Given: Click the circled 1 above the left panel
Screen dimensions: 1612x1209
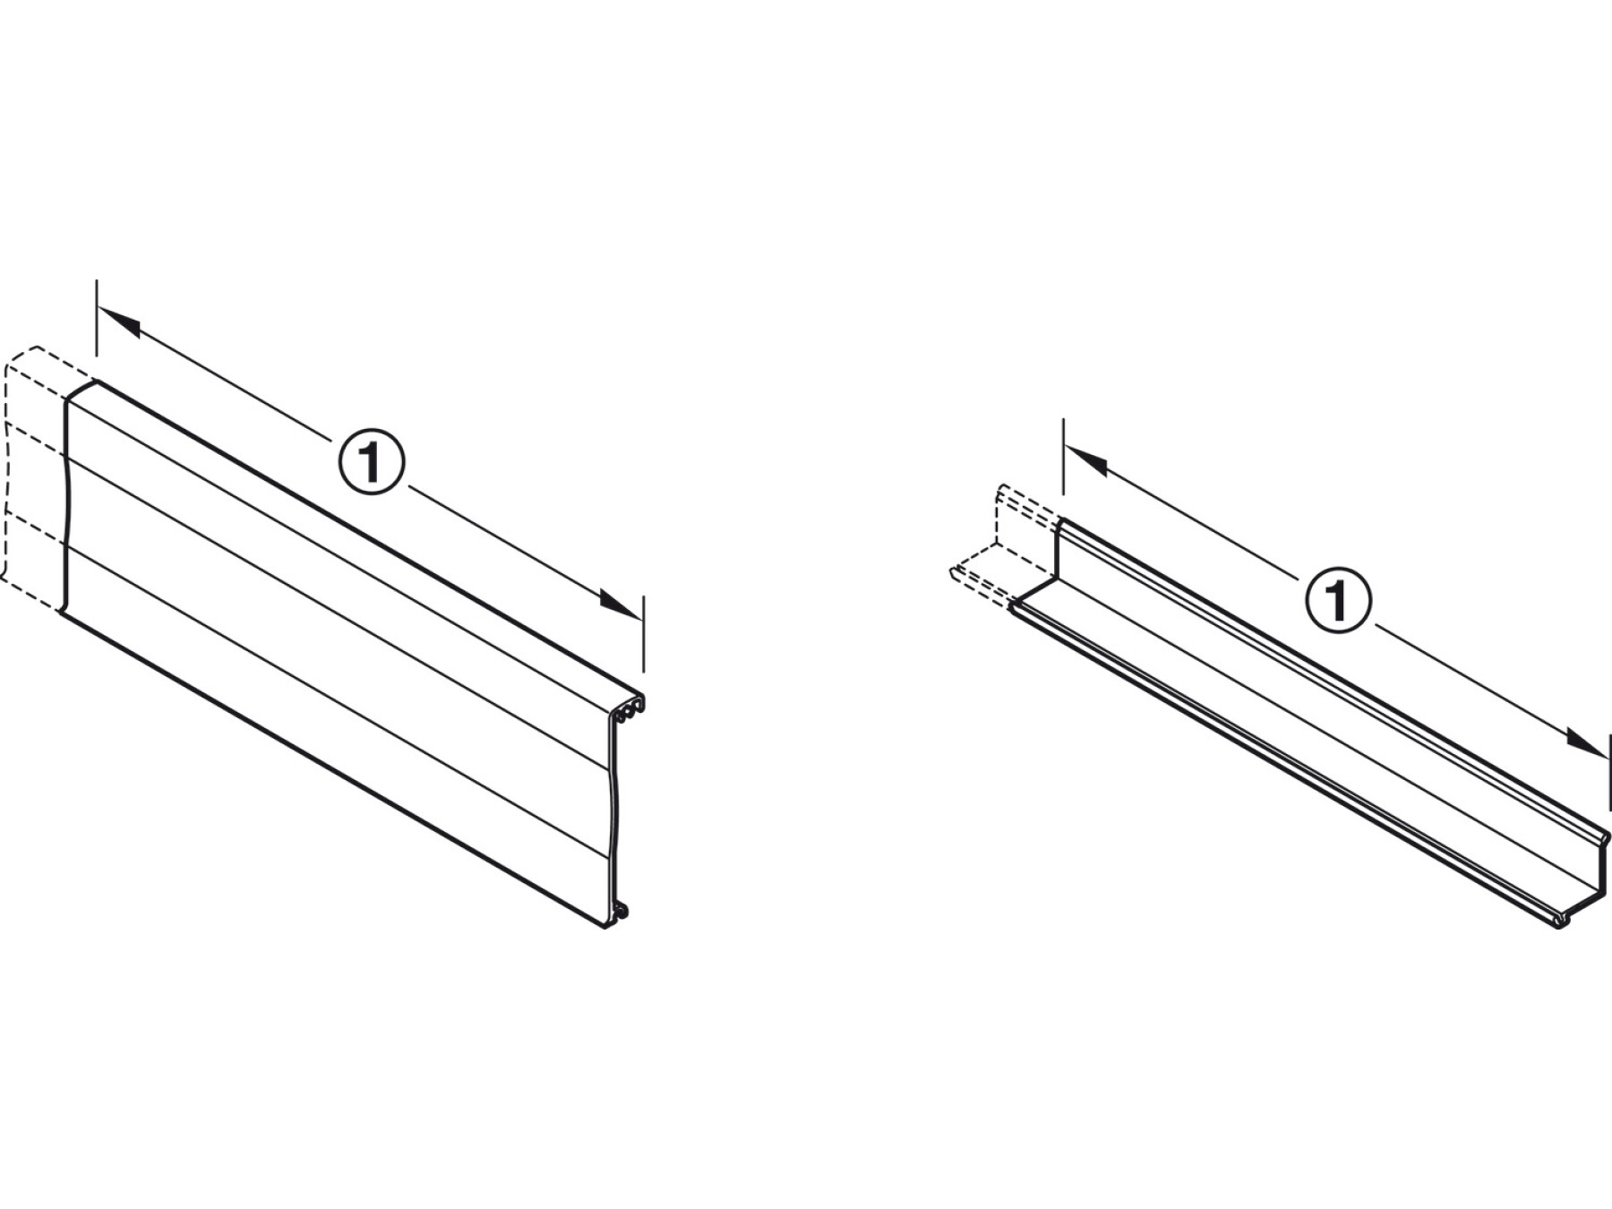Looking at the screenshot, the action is coord(372,461).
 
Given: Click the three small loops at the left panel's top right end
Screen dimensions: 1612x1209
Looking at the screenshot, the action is coord(629,706).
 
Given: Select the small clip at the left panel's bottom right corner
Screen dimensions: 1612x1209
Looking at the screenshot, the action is coord(619,914).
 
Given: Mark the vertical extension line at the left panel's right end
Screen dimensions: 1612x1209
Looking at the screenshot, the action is coord(643,635).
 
